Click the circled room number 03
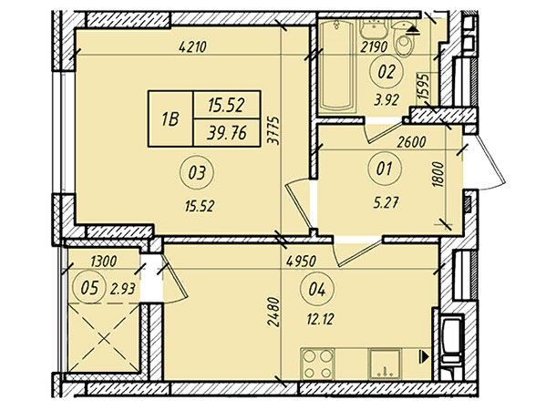[197, 172]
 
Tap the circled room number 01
[385, 169]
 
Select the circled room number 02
[387, 71]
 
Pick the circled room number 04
[317, 290]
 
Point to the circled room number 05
[89, 289]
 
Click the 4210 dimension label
[192, 46]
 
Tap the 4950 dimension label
[301, 261]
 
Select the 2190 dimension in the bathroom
[374, 46]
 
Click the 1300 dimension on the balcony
[103, 261]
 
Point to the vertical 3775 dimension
[274, 130]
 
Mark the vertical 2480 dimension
[273, 312]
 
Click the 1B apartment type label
[170, 119]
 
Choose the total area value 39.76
[227, 133]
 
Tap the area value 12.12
[321, 318]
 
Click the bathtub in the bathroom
[337, 65]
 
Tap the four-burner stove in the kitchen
[317, 364]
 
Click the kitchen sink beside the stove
[386, 364]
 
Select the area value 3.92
[387, 101]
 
